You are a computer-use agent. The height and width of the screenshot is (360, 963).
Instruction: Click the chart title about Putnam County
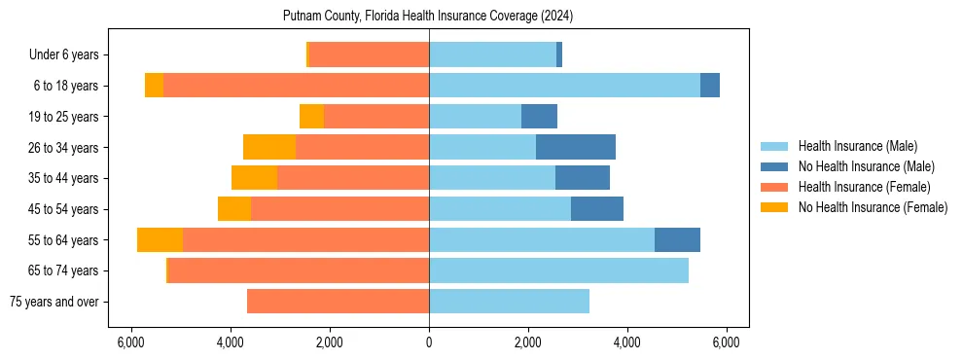pyautogui.click(x=428, y=17)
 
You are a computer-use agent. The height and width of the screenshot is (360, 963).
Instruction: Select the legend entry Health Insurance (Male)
pyautogui.click(x=857, y=146)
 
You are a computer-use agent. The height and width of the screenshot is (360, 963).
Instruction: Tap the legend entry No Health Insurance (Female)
pyautogui.click(x=873, y=207)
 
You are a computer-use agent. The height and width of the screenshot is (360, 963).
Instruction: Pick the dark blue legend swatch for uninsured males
pyautogui.click(x=774, y=166)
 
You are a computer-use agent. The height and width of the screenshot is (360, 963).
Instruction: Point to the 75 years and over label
pyautogui.click(x=53, y=302)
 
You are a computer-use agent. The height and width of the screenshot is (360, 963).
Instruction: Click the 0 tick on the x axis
pyautogui.click(x=429, y=342)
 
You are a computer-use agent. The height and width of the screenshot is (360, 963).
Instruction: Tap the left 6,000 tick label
pyautogui.click(x=130, y=342)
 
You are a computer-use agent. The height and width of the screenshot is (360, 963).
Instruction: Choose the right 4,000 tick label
pyautogui.click(x=627, y=342)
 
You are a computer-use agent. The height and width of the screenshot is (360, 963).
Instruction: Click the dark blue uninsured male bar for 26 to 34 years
pyautogui.click(x=575, y=147)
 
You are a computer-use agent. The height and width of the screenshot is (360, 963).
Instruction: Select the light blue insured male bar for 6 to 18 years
pyautogui.click(x=564, y=86)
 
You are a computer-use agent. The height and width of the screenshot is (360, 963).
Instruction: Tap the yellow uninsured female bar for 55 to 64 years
pyautogui.click(x=160, y=239)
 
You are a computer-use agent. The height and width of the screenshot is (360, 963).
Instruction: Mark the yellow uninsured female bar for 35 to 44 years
pyautogui.click(x=254, y=178)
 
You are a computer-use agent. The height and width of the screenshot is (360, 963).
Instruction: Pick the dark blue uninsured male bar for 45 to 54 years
pyautogui.click(x=596, y=209)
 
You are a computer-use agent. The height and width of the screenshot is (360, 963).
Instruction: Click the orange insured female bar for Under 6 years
pyautogui.click(x=369, y=55)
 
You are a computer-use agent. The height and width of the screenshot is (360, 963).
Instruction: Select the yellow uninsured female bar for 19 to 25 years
pyautogui.click(x=311, y=117)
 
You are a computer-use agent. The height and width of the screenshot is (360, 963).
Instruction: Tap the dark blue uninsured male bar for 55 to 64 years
pyautogui.click(x=677, y=239)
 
